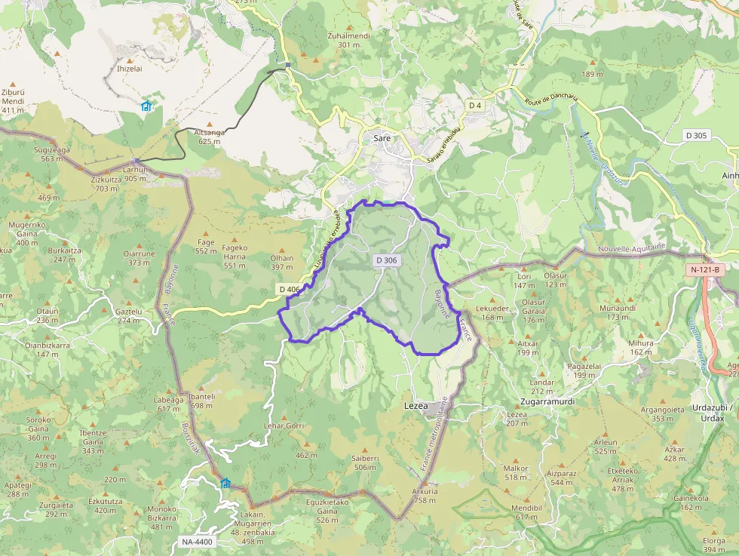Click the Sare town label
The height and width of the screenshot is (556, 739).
pos(382,138)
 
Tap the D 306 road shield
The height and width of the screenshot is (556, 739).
pos(385,260)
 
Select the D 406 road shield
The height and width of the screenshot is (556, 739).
pos(289,289)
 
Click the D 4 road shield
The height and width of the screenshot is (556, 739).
pos(474,106)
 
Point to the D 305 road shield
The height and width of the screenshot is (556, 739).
pos(697,135)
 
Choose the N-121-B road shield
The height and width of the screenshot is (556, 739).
pos(705,269)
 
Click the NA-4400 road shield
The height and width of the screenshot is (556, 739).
pos(198,541)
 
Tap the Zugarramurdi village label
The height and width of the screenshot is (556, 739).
pos(547,401)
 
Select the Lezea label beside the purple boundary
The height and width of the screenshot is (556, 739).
pos(416,404)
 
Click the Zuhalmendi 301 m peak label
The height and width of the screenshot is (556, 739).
pos(348,40)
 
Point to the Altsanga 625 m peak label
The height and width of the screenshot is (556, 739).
pos(210,136)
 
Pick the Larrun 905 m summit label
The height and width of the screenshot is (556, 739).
pos(136,174)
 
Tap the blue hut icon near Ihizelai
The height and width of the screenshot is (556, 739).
pos(146,106)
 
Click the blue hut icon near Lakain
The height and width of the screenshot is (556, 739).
pos(225,483)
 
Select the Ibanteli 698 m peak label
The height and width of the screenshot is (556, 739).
pos(202,401)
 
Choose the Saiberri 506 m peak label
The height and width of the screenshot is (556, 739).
pos(365,462)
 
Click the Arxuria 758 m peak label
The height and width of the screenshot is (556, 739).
pos(424,495)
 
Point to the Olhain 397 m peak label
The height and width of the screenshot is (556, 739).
pos(281,262)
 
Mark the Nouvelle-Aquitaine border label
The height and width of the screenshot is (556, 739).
pos(632,247)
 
